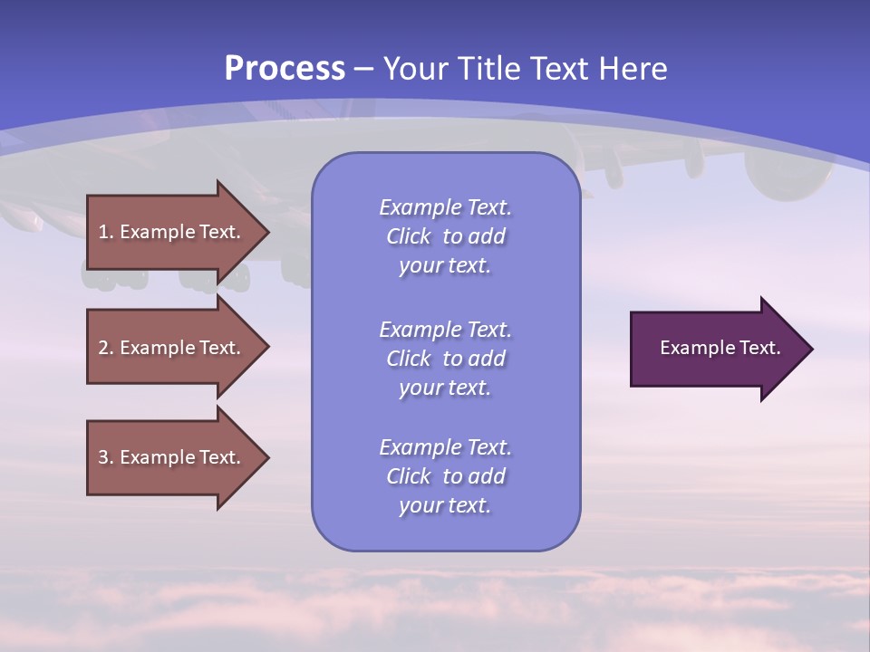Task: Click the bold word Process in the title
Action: (x=285, y=68)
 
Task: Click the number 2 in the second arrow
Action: (x=103, y=348)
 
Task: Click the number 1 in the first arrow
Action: (x=103, y=232)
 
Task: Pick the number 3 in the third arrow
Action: (x=103, y=457)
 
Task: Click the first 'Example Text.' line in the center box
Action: (x=445, y=207)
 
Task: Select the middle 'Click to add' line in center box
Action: (x=445, y=359)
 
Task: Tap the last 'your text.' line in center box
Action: (x=445, y=505)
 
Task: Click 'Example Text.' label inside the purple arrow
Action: (x=720, y=348)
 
